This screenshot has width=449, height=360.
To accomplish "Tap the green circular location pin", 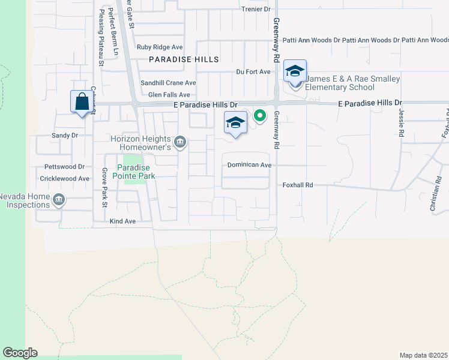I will coord(260,116).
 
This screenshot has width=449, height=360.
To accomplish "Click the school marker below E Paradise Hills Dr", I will coord(235,124).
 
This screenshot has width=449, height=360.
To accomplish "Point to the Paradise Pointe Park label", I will coord(136,172).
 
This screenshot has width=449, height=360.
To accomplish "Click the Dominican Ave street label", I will coord(250,164).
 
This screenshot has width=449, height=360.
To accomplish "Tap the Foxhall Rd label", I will coord(298,185).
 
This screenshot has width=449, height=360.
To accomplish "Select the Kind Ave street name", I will coord(122,221).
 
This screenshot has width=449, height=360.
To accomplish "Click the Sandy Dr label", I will coord(65,136).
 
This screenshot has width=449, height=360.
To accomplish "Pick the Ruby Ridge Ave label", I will coord(160,47).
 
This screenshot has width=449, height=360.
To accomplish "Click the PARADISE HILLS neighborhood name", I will coord(176,60).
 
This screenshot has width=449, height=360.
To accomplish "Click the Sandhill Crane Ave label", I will coord(168,83).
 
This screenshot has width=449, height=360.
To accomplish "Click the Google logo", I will coord(20,353).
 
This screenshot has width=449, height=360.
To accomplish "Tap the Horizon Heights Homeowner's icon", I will coord(179,142).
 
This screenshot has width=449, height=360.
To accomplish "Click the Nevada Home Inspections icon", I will coord(58,200).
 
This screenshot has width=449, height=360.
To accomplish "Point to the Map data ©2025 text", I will coord(423,355).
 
